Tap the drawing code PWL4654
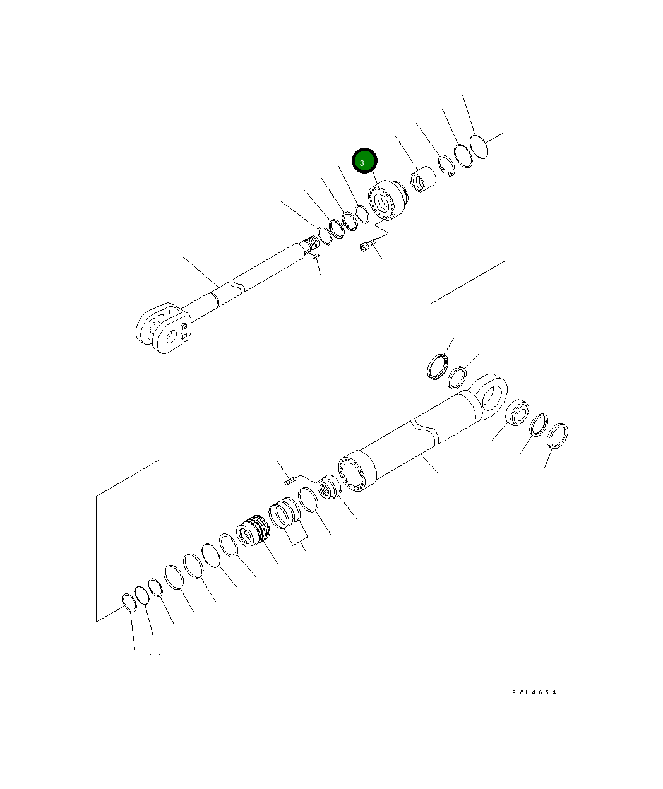(x=534, y=692)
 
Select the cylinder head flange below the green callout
(x=386, y=202)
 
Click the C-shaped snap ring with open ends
(x=447, y=165)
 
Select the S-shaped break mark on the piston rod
(x=236, y=287)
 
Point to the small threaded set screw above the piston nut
(x=290, y=482)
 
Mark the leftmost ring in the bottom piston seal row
(x=128, y=602)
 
